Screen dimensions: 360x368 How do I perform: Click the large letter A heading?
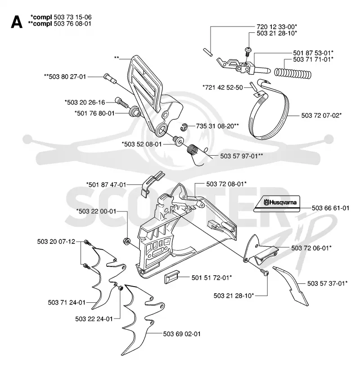[x=17, y=22]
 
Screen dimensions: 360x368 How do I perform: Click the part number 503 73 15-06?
[x=72, y=17]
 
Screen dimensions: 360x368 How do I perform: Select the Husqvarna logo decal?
[x=277, y=204]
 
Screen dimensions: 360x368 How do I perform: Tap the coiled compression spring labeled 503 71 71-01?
[x=293, y=72]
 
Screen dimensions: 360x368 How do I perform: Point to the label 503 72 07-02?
[x=321, y=116]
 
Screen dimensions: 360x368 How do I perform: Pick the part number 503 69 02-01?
[x=182, y=334]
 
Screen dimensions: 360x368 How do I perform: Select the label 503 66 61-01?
[x=331, y=208]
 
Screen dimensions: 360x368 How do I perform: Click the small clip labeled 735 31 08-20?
[x=184, y=127]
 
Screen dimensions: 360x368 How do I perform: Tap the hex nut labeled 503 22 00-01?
[x=127, y=241]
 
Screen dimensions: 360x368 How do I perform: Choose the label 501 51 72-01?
[x=212, y=278]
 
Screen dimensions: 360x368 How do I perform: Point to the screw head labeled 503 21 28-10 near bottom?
[x=265, y=273]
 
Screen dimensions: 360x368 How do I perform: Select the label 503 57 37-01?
[x=328, y=283]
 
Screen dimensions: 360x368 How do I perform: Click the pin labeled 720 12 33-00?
[x=207, y=52]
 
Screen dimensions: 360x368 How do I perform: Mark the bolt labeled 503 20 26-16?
[x=121, y=102]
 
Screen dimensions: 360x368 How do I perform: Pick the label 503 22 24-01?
[x=94, y=319]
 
